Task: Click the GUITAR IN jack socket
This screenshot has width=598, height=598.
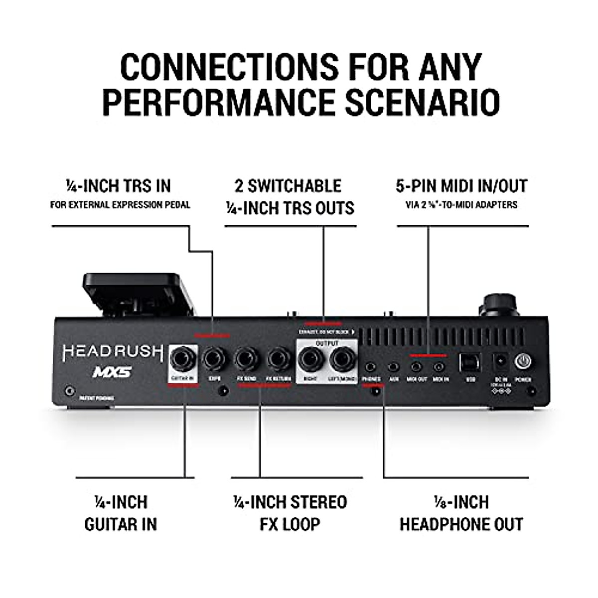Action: pyautogui.click(x=183, y=359)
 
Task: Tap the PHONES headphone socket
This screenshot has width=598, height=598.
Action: pyautogui.click(x=370, y=367)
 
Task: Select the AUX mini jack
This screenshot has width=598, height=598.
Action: pyautogui.click(x=394, y=367)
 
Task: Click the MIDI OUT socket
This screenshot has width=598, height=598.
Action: pyautogui.click(x=416, y=367)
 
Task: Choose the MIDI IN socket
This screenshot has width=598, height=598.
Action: pyautogui.click(x=439, y=367)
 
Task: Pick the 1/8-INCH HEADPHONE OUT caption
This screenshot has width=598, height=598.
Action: pyautogui.click(x=461, y=513)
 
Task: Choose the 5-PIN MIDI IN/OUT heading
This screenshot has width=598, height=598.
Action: pyautogui.click(x=461, y=186)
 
